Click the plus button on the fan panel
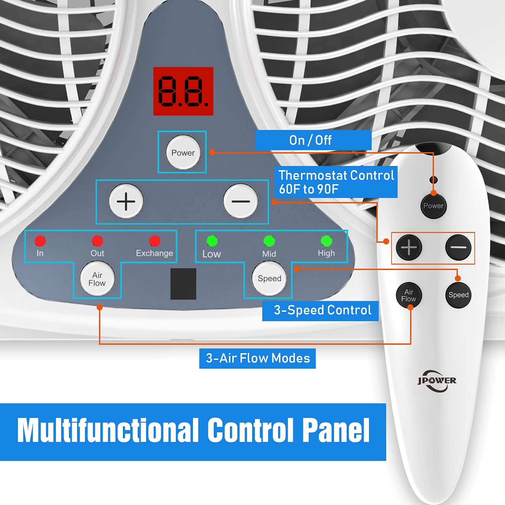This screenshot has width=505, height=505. pyautogui.click(x=126, y=201)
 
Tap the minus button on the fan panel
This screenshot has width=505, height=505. pyautogui.click(x=241, y=201)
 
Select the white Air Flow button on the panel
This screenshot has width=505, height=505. pyautogui.click(x=97, y=279)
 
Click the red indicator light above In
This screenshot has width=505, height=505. pyautogui.click(x=40, y=241)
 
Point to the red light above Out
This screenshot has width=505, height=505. pyautogui.click(x=97, y=241)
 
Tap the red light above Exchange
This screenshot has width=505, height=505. pyautogui.click(x=155, y=241)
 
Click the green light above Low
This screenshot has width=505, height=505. pyautogui.click(x=212, y=241)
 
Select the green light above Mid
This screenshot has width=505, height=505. pyautogui.click(x=269, y=241)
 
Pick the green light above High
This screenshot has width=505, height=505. pyautogui.click(x=326, y=241)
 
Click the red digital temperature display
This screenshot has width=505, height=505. pyautogui.click(x=183, y=91)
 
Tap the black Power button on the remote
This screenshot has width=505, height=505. pyautogui.click(x=434, y=206)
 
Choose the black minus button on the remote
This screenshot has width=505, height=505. pyautogui.click(x=458, y=247)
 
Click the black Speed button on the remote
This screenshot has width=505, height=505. pyautogui.click(x=458, y=295)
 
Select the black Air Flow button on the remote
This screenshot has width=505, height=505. pyautogui.click(x=409, y=295)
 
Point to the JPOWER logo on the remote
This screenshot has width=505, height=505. pyautogui.click(x=437, y=381)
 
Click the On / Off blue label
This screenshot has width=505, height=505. pyautogui.click(x=313, y=140)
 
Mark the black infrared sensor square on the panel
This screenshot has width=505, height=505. pyautogui.click(x=183, y=284)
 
